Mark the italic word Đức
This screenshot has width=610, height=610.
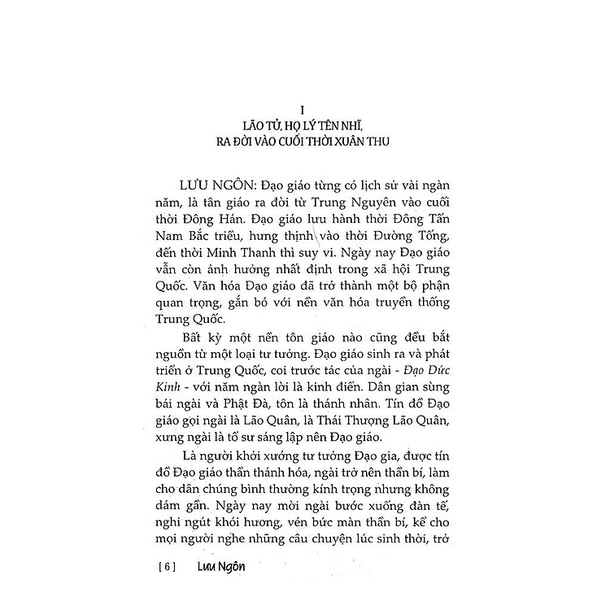coord(429,366)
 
